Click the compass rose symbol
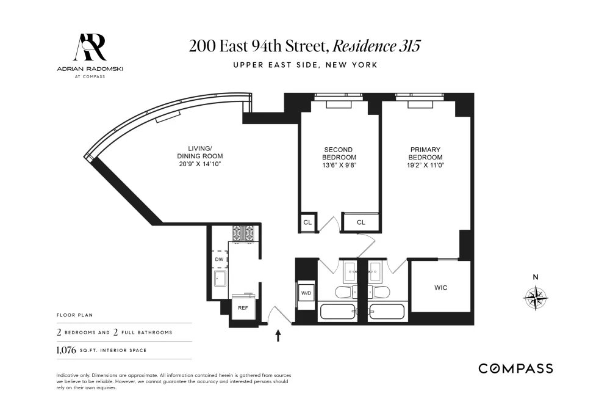[x=536, y=298]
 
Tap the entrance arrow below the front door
[x=278, y=335]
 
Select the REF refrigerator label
[x=243, y=308]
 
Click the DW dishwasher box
[x=220, y=259]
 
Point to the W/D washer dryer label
[x=306, y=293]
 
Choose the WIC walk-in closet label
[x=441, y=288]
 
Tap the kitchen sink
[x=220, y=278]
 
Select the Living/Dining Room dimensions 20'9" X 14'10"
[x=200, y=164]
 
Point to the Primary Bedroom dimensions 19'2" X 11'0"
[x=426, y=165]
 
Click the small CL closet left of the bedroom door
[x=307, y=222]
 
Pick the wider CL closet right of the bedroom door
[x=361, y=222]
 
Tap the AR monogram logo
[x=90, y=47]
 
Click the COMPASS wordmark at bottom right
[x=516, y=369]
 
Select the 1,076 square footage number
[x=66, y=350]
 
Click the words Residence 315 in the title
[x=376, y=46]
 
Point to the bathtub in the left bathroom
[x=338, y=312]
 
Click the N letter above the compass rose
[x=536, y=277]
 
